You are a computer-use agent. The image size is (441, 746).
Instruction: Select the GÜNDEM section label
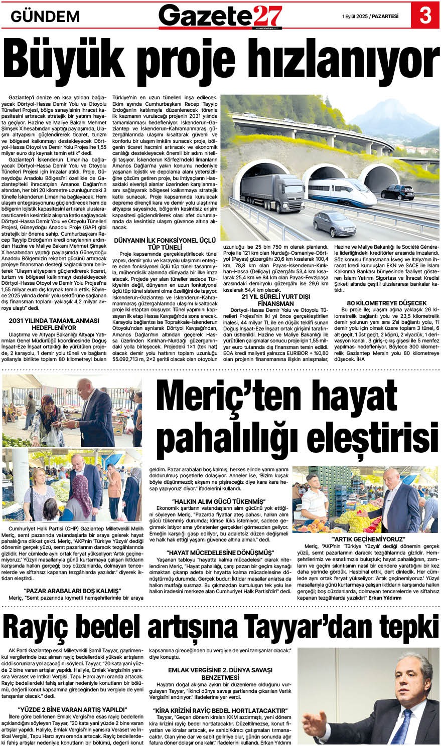[45, 16]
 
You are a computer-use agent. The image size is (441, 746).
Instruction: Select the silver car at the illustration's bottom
[335, 224]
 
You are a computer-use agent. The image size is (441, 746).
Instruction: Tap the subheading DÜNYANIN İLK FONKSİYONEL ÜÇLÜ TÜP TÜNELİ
[165, 244]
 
